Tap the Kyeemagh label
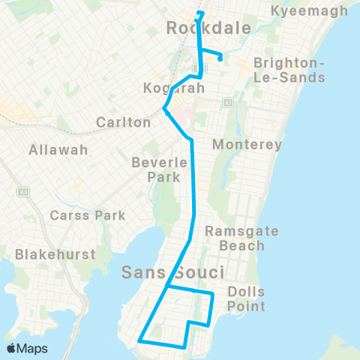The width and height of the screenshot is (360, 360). [x=310, y=10]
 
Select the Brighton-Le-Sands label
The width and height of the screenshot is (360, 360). [x=289, y=70]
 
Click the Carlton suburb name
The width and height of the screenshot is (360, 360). [x=124, y=122]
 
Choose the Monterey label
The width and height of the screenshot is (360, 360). [x=247, y=144]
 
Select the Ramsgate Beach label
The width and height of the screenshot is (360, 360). [x=236, y=238]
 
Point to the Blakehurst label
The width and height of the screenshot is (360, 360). [x=55, y=254]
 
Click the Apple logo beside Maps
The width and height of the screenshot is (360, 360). [x=12, y=348]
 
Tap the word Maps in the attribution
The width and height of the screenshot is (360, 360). [x=33, y=348]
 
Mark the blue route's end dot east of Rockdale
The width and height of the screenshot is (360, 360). [x=221, y=58]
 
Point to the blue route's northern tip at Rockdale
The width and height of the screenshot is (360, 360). [x=199, y=12]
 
